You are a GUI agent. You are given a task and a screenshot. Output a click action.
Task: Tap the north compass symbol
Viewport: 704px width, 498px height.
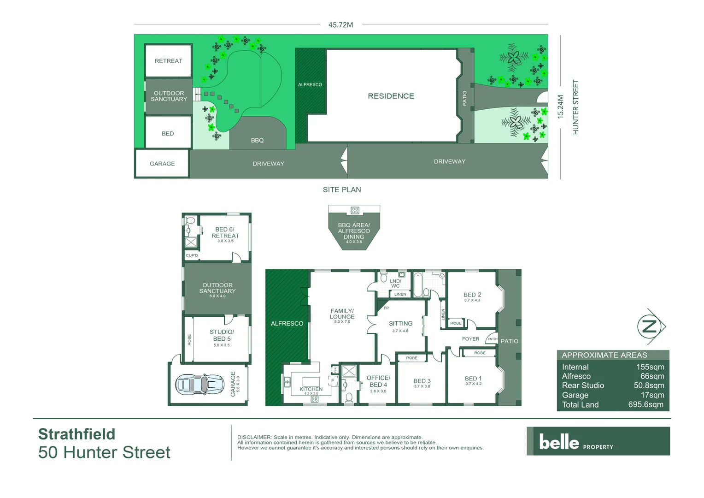tap(650, 326)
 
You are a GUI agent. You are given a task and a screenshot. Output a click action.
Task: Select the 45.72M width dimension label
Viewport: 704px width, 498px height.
tap(340, 25)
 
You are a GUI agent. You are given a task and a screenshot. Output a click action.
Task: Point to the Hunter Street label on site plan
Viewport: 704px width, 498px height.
tap(575, 107)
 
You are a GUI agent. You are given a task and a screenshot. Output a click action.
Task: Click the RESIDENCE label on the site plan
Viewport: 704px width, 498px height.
tap(391, 96)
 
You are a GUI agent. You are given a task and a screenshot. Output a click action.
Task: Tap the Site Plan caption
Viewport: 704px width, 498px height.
tap(342, 190)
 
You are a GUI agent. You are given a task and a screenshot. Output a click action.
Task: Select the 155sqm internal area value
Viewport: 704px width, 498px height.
tap(650, 367)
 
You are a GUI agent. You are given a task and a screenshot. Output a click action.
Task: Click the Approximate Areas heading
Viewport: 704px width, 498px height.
tap(604, 355)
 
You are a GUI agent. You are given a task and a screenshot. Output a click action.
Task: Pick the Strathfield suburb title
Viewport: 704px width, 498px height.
tap(76, 434)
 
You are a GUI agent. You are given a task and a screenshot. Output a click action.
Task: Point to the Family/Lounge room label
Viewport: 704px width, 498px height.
tap(342, 314)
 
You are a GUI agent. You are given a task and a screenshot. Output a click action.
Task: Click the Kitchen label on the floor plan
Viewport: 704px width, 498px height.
tap(311, 389)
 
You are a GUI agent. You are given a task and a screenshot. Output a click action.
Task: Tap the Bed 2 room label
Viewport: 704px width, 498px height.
tap(472, 295)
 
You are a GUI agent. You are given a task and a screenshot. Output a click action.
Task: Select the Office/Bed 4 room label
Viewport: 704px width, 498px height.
tap(378, 381)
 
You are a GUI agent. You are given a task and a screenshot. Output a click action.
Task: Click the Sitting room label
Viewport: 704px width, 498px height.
tap(400, 324)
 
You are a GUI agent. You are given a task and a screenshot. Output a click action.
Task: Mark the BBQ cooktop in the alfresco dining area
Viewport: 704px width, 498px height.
tap(355, 211)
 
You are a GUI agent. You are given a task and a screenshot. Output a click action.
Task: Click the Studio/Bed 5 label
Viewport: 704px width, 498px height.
tap(222, 335)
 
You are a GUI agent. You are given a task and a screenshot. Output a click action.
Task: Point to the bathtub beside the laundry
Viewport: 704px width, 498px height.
tap(418, 285)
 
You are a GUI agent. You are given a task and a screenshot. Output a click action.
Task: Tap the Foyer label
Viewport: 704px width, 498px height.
tap(470, 339)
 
